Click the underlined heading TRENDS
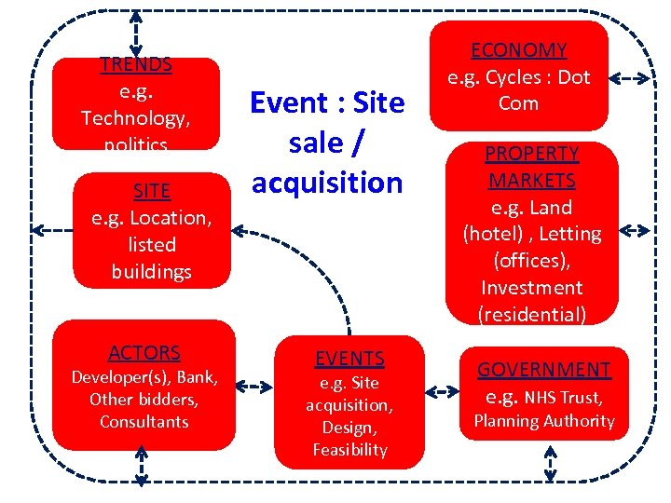pyautogui.click(x=136, y=65)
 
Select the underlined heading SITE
pyautogui.click(x=152, y=191)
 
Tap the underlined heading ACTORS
pyautogui.click(x=144, y=353)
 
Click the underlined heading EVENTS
pyautogui.click(x=349, y=359)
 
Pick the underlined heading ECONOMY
pyautogui.click(x=518, y=50)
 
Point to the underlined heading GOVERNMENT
pyautogui.click(x=544, y=370)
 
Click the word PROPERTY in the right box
pyautogui.click(x=532, y=154)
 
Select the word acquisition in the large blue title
pyautogui.click(x=326, y=184)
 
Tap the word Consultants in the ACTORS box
pyautogui.click(x=144, y=422)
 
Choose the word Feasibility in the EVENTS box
pyautogui.click(x=349, y=450)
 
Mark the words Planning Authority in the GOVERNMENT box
pyautogui.click(x=544, y=421)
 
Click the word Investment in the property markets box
pyautogui.click(x=532, y=288)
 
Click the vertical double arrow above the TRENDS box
pyautogui.click(x=137, y=34)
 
